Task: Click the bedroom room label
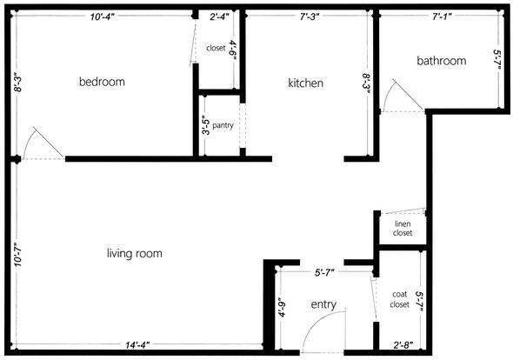pyautogui.click(x=102, y=82)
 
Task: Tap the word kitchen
pyautogui.click(x=305, y=83)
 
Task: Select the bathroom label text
pyautogui.click(x=442, y=61)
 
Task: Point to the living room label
pyautogui.click(x=135, y=253)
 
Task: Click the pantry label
pyautogui.click(x=223, y=125)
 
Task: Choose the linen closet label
pyautogui.click(x=403, y=229)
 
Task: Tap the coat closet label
pyautogui.click(x=399, y=299)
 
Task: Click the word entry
pyautogui.click(x=323, y=304)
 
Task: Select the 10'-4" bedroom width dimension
pyautogui.click(x=103, y=17)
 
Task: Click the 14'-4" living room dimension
pyautogui.click(x=137, y=345)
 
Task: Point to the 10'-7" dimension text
pyautogui.click(x=17, y=254)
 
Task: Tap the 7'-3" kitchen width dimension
pyautogui.click(x=310, y=17)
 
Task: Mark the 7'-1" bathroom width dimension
pyautogui.click(x=442, y=17)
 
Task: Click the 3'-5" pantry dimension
pyautogui.click(x=206, y=125)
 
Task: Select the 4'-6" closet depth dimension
pyautogui.click(x=233, y=50)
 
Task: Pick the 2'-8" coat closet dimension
pyautogui.click(x=403, y=345)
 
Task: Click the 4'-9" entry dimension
pyautogui.click(x=282, y=307)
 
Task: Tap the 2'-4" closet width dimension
pyautogui.click(x=219, y=17)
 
